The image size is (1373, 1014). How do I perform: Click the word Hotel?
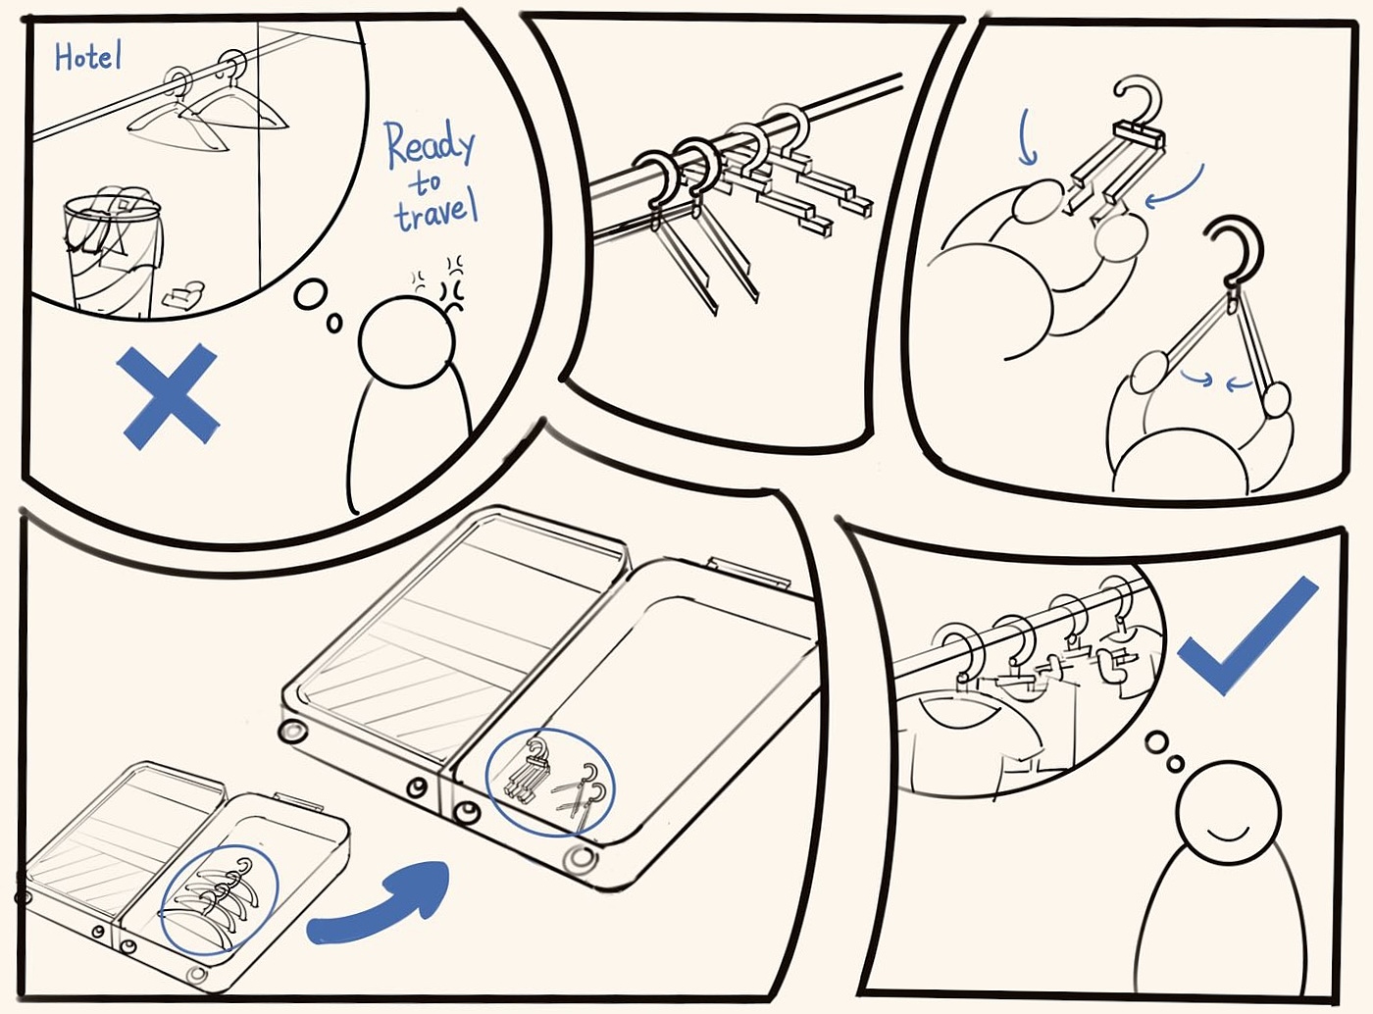coord(88,56)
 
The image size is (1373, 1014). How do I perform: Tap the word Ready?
coord(431,146)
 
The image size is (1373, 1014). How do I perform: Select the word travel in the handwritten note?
coord(437,213)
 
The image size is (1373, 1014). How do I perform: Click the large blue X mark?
coord(168,395)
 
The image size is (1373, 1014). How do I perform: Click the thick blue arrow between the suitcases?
coord(381,905)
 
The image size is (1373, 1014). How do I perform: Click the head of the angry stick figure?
coord(407,342)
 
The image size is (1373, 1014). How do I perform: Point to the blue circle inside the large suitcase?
coord(550,784)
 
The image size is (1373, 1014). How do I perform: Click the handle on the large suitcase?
coord(749,573)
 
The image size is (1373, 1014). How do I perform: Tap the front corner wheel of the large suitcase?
coord(582,859)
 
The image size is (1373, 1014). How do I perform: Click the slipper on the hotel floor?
coord(183,293)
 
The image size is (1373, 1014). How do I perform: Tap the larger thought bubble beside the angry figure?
coord(311,294)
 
